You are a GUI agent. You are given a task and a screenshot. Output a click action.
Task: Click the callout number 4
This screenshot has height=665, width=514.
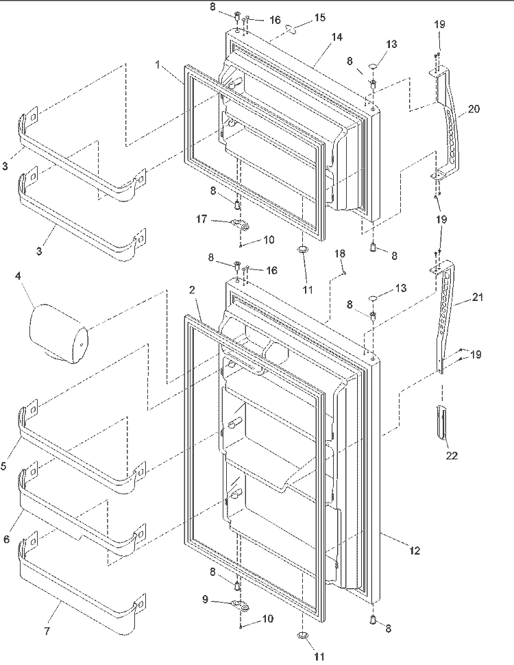point(18,276)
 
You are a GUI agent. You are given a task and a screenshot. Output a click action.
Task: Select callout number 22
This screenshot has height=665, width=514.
point(452,455)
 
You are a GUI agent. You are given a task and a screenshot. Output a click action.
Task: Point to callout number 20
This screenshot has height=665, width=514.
point(474,109)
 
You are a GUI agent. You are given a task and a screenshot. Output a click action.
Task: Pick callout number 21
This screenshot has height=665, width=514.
point(478,298)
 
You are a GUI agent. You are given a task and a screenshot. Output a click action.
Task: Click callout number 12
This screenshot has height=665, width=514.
point(415,551)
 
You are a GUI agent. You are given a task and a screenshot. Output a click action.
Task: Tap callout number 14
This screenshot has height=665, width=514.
point(336,37)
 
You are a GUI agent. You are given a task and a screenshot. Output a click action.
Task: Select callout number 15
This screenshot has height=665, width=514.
point(320,17)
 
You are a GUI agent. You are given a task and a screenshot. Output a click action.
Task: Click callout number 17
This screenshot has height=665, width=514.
point(201,219)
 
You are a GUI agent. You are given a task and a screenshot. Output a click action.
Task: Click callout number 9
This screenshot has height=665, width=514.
point(206,600)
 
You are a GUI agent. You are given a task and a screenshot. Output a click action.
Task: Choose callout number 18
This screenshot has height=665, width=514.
point(340,254)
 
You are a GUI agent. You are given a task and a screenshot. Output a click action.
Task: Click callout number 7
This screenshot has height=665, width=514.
point(47,631)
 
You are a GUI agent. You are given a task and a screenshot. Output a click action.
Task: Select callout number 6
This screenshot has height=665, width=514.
point(6,539)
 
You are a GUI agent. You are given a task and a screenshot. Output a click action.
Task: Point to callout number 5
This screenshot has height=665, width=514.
point(3,466)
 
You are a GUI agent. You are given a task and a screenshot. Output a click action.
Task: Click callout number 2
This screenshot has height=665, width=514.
point(192,290)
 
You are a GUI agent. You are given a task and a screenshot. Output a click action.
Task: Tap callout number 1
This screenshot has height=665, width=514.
point(158,65)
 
